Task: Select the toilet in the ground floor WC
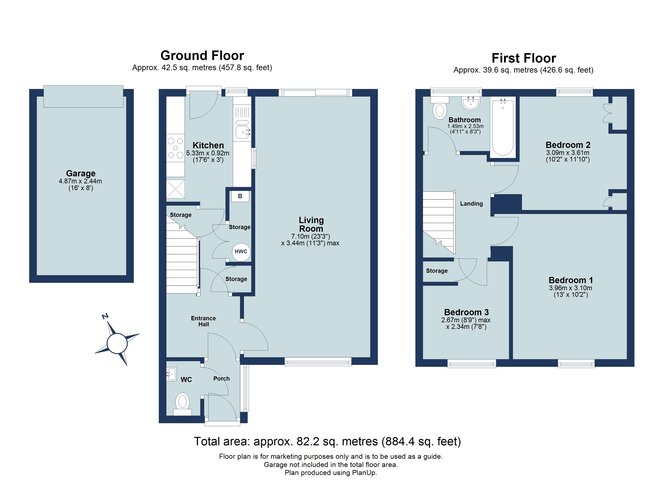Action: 182,402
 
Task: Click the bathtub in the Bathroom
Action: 503,127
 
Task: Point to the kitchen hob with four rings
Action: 175,148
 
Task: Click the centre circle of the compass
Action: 117,344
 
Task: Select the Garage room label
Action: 81,174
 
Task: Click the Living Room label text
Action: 311,224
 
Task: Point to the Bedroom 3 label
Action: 466,312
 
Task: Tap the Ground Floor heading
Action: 202,56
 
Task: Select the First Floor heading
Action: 524,58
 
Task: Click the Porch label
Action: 221,379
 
